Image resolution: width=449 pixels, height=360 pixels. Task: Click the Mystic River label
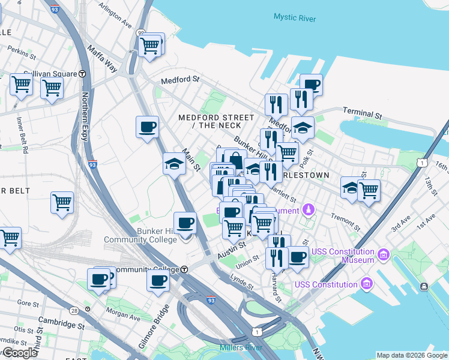pos(294,17)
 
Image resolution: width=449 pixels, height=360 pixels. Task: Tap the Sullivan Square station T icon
pos(82,73)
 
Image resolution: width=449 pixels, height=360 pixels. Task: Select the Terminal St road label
pos(362,112)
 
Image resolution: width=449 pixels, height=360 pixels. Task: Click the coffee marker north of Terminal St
pos(310,85)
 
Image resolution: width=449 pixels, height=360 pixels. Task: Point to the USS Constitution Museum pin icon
pos(384,253)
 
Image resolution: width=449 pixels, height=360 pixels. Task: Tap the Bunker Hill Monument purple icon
pos(309,209)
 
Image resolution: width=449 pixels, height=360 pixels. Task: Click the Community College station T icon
pos(185,269)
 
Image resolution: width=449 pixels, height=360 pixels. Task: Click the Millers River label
pos(238,348)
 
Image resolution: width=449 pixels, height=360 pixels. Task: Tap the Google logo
pos(20,353)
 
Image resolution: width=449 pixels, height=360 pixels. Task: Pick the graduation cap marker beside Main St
pos(174,164)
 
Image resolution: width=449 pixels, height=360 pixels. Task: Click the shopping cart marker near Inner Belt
pos(62,203)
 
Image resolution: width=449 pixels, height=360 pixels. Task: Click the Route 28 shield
pos(74,310)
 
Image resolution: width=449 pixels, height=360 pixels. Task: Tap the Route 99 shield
pos(140,33)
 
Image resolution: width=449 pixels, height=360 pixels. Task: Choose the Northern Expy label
pos(85,117)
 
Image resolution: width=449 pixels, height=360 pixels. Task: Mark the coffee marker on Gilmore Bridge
pos(158,281)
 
